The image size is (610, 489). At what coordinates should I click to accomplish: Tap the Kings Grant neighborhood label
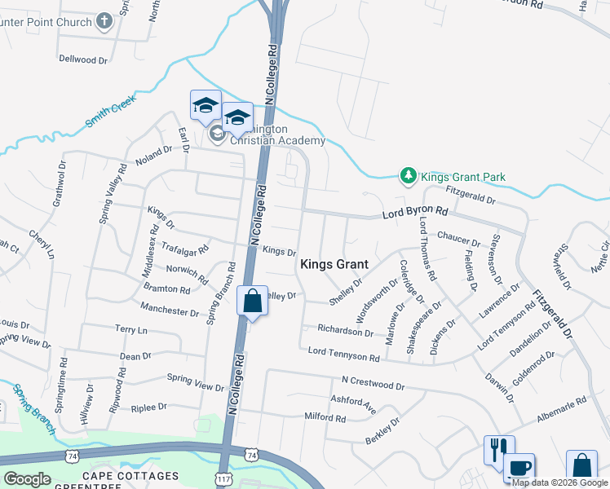[x=334, y=264]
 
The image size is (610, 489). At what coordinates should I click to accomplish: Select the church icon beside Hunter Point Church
[x=104, y=20]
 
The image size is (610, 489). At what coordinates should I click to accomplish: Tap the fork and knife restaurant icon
[x=497, y=449]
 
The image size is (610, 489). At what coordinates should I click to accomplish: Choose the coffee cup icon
[x=519, y=468]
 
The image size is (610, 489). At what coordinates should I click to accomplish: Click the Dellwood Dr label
[x=83, y=59]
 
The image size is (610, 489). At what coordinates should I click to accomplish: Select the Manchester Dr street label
[x=169, y=311]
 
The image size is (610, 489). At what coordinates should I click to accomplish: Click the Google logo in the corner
[x=27, y=478]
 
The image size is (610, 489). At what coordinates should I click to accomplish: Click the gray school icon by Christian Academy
[x=217, y=134]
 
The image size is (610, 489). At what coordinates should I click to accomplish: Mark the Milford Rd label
[x=325, y=417]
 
